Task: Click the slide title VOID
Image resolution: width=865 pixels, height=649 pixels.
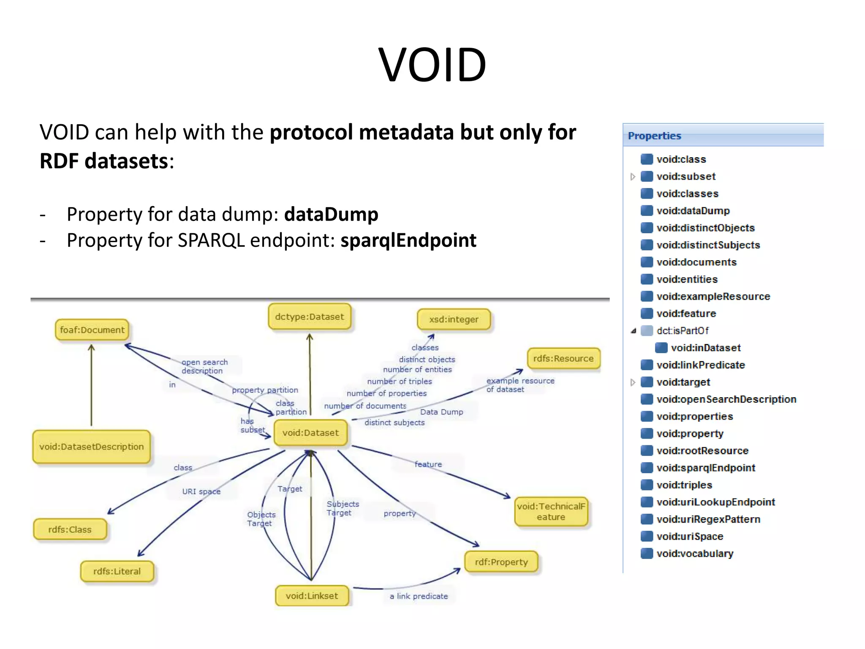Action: pyautogui.click(x=432, y=65)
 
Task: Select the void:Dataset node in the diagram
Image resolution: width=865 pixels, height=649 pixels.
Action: pyautogui.click(x=310, y=433)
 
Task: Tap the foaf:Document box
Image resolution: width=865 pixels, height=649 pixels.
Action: pyautogui.click(x=92, y=330)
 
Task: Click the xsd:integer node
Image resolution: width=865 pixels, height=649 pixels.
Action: pyautogui.click(x=454, y=319)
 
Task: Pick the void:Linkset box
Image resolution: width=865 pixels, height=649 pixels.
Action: pyautogui.click(x=312, y=596)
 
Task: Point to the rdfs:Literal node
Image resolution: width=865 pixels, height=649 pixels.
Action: pyautogui.click(x=117, y=571)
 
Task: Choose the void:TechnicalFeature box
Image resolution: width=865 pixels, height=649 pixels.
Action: pyautogui.click(x=551, y=512)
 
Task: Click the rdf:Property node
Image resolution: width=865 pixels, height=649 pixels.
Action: pyautogui.click(x=501, y=562)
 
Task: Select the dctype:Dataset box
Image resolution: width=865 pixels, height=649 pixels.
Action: pyautogui.click(x=309, y=317)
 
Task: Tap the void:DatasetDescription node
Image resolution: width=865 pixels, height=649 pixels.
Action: pyautogui.click(x=92, y=447)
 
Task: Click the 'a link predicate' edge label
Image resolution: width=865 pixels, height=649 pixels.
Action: pyautogui.click(x=419, y=596)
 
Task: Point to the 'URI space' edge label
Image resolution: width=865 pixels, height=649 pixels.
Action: pyautogui.click(x=201, y=491)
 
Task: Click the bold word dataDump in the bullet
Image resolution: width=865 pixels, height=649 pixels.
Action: pyautogui.click(x=331, y=214)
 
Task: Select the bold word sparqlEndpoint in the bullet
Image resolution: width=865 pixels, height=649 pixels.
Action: pyautogui.click(x=408, y=240)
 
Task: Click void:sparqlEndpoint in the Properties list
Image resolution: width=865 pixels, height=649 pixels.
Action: pyautogui.click(x=705, y=468)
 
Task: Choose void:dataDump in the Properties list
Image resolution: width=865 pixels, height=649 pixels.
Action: pyautogui.click(x=693, y=211)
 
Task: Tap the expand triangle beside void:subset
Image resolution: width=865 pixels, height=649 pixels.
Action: pyautogui.click(x=633, y=177)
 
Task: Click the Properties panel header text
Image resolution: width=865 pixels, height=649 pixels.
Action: pyautogui.click(x=654, y=136)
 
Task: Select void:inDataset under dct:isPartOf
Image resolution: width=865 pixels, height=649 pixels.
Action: pyautogui.click(x=705, y=348)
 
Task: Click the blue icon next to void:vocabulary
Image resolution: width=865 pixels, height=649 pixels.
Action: pyautogui.click(x=647, y=554)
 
